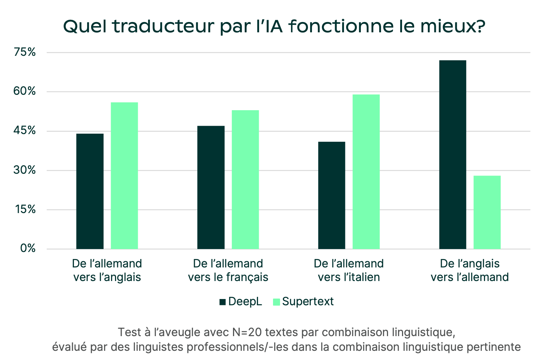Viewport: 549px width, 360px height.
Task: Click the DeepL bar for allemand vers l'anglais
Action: tap(90, 191)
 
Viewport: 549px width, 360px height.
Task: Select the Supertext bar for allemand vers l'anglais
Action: tap(124, 176)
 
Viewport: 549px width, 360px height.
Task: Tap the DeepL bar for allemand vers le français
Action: tap(211, 187)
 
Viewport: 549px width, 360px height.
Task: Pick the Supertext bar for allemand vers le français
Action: tap(245, 180)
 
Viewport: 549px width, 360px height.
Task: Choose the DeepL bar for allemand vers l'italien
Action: tap(332, 195)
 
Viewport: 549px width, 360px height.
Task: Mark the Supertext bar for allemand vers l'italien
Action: tap(366, 172)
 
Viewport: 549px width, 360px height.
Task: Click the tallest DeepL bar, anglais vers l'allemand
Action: tap(453, 154)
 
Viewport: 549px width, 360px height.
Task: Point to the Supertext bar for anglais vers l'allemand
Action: tap(487, 212)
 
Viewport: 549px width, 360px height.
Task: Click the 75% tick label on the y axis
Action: tap(25, 52)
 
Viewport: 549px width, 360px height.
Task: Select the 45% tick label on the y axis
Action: tap(25, 131)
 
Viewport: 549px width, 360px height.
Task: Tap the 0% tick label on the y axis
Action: tap(28, 249)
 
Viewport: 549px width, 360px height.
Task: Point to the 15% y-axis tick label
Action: tap(25, 209)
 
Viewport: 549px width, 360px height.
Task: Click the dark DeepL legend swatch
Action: tap(222, 302)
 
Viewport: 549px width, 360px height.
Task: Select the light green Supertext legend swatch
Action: tap(276, 302)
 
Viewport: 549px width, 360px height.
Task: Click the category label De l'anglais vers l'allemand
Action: tap(470, 270)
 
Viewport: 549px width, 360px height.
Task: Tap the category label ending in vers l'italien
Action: tap(349, 270)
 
